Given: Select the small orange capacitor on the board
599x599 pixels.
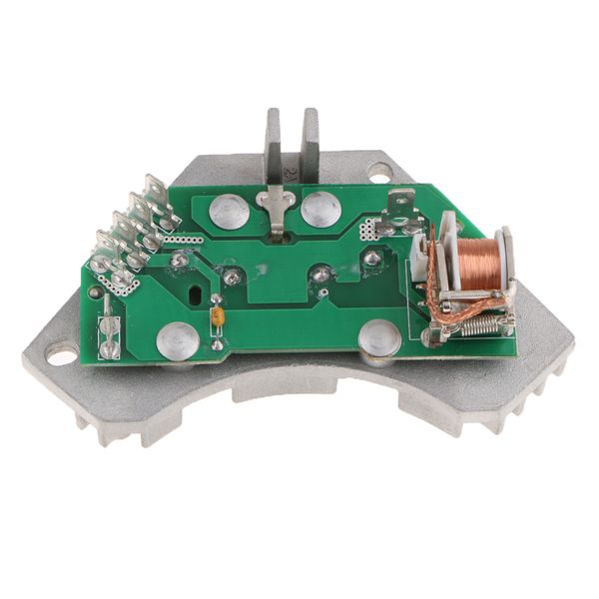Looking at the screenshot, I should click(217, 317).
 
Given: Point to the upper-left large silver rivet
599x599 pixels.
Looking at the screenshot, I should click(231, 211).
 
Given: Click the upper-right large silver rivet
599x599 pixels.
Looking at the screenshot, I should click(321, 209).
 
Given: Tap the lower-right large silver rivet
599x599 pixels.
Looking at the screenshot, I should click(379, 337).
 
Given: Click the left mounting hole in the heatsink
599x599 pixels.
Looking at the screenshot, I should click(60, 353).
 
